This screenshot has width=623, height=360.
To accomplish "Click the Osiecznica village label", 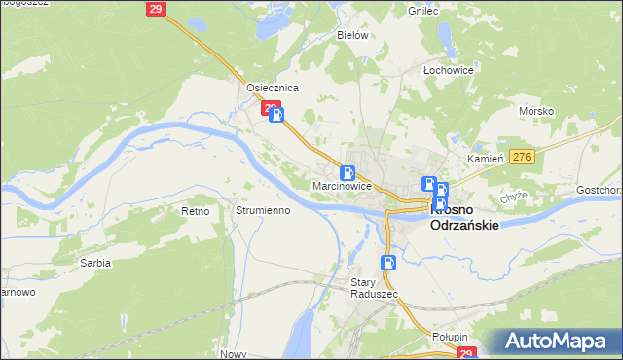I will point(272,88).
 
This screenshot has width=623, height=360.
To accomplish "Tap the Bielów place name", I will point(351,35).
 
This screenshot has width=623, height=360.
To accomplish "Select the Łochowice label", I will point(448,71).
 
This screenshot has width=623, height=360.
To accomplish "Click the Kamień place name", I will point(484,158).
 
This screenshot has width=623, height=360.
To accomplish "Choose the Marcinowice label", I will point(342,185).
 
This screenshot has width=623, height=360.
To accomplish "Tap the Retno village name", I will point(196,210).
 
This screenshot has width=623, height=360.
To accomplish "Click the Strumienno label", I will point(263,210).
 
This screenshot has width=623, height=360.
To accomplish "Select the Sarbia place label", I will point(95,263).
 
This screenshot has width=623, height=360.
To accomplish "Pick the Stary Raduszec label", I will point(369,288).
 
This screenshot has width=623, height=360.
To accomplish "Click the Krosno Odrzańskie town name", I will point(464,217).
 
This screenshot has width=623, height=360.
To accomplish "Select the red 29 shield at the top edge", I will point(156,9).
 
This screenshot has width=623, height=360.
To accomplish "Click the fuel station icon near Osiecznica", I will point(277,116).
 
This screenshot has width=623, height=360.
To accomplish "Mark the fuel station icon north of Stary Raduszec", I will point(388,262).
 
